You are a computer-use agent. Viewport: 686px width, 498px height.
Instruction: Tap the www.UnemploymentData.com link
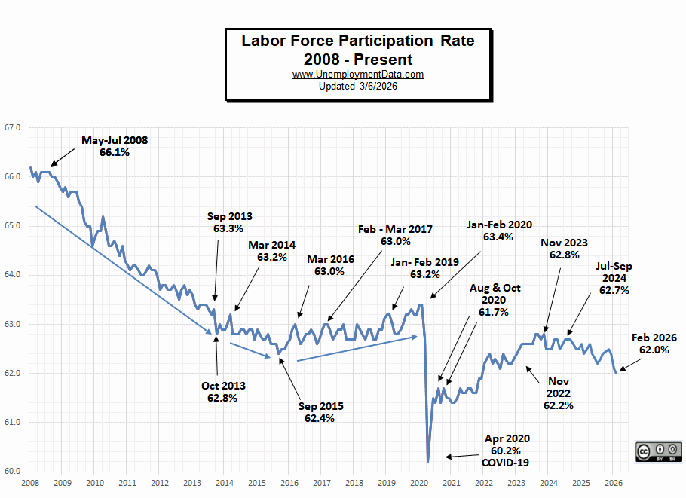coord(358,75)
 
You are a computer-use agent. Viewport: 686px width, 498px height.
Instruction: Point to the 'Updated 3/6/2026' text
coord(358,87)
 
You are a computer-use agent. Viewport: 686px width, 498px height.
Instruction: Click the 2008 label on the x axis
coord(29,482)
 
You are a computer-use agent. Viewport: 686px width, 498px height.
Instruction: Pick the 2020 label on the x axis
coord(419,482)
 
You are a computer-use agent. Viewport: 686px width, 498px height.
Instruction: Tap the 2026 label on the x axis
coord(614,482)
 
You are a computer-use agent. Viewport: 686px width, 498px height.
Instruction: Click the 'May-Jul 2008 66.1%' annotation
coord(115,146)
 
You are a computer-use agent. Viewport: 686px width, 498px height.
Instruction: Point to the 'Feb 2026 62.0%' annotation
coord(654,344)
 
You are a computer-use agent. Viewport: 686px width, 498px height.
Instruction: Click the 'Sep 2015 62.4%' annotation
coord(320,412)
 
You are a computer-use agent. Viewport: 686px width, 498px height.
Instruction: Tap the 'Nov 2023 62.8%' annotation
coord(564,249)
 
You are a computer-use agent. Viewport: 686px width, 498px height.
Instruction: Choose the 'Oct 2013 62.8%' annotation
coord(223,392)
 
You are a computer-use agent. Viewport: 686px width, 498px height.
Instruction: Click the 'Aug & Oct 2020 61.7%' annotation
coord(495,300)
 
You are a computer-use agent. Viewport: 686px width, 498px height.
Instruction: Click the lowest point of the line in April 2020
coord(427,461)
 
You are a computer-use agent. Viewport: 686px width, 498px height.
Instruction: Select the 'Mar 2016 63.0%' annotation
coord(330,265)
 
